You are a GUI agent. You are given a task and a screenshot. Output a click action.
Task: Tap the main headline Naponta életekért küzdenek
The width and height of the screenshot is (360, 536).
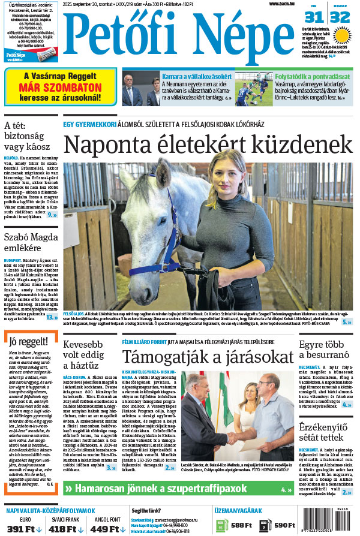[207, 145]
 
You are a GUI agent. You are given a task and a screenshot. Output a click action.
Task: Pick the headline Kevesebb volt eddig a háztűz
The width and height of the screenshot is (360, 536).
[89, 358]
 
